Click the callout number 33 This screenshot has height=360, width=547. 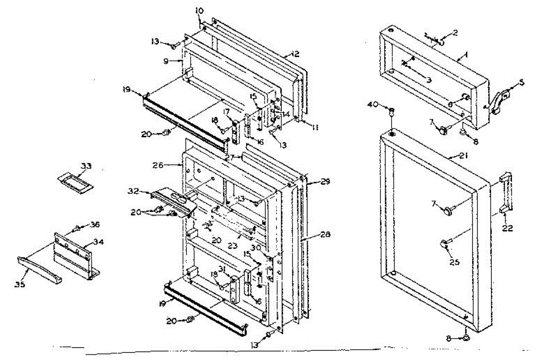[86, 167]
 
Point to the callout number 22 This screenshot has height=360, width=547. [507, 228]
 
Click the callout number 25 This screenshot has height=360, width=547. [454, 262]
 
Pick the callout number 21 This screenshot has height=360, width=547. [464, 156]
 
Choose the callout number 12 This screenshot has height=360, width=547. [295, 54]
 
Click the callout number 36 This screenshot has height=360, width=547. [95, 224]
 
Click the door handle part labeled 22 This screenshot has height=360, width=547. [506, 193]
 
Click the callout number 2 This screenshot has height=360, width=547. [454, 33]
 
